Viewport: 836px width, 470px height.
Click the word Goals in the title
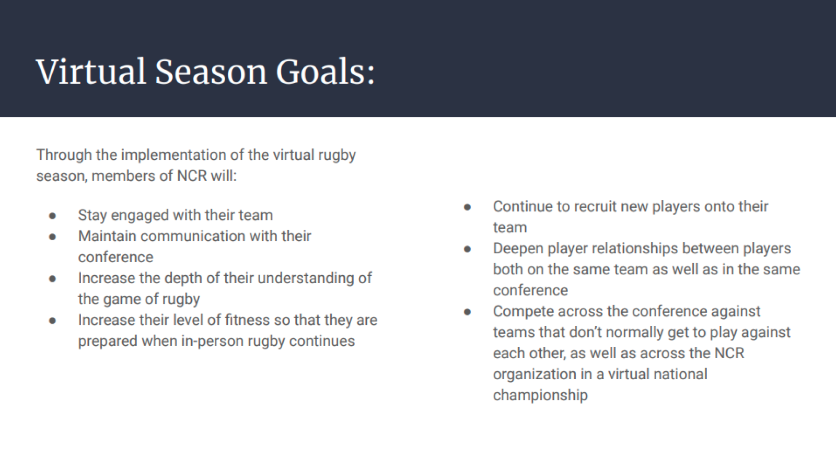tap(325, 72)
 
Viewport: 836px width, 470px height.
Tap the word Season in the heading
tap(211, 72)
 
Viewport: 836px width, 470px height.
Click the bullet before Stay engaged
tap(52, 216)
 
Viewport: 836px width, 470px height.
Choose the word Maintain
tap(107, 236)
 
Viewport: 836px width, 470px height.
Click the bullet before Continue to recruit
tap(468, 207)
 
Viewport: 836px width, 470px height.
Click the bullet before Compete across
tap(468, 312)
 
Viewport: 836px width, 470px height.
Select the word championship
tap(540, 395)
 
